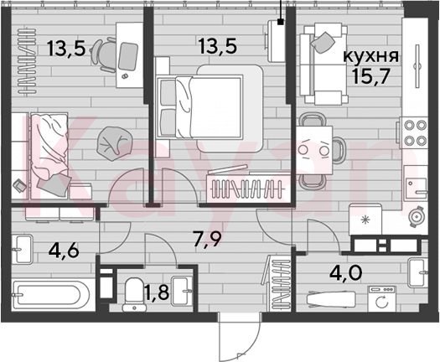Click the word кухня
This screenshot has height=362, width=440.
point(371,56)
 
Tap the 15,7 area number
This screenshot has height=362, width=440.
point(371,76)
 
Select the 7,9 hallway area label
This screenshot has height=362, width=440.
point(208,240)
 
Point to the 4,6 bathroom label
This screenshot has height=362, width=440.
point(64,251)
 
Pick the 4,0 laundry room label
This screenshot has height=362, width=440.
point(345,273)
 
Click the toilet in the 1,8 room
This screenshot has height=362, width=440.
point(134,294)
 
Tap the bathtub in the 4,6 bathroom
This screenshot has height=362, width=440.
point(50,295)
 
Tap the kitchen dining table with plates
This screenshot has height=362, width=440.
point(314,150)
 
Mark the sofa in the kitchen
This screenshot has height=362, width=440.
point(324,64)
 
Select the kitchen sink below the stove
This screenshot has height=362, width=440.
point(416,183)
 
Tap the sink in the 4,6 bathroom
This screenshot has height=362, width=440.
point(21,249)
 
